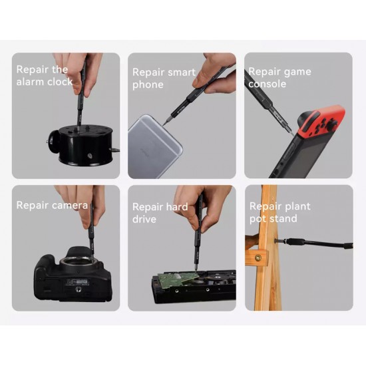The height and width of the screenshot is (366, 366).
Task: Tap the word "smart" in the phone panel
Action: (x=182, y=72)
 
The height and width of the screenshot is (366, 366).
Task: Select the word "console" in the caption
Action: (x=267, y=84)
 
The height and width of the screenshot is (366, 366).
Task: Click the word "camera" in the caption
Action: (x=70, y=206)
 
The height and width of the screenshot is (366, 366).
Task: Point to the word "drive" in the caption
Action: (x=144, y=219)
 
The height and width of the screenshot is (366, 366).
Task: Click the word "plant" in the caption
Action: (x=297, y=207)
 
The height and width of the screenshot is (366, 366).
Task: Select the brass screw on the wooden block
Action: (x=258, y=258)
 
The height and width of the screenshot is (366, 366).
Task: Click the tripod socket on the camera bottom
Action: (x=77, y=289)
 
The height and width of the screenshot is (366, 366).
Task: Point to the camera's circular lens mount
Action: (x=77, y=261)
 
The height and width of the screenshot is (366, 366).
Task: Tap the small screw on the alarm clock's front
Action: (x=89, y=156)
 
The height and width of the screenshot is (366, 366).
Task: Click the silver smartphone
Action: (x=154, y=148)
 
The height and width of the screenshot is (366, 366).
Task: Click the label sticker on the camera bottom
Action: (x=77, y=282)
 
